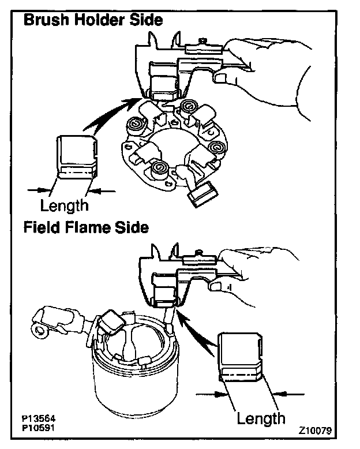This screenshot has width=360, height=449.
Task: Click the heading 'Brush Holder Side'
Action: tap(92, 20)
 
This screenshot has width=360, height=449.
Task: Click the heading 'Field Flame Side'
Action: tap(86, 227)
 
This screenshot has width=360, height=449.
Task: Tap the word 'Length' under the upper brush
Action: tap(64, 204)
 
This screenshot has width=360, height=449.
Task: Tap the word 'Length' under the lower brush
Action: tap(261, 417)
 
